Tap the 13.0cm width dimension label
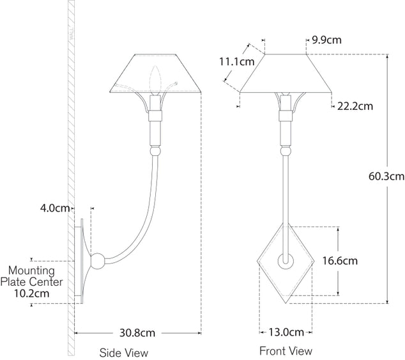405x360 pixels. pyautogui.click(x=285, y=333)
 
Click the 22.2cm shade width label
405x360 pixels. pyautogui.click(x=355, y=106)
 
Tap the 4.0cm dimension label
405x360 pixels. pyautogui.click(x=55, y=208)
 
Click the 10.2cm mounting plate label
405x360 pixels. pyautogui.click(x=31, y=293)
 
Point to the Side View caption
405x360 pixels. pyautogui.click(x=123, y=352)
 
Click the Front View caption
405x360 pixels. pyautogui.click(x=286, y=351)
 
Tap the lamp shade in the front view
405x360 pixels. pyautogui.click(x=285, y=72)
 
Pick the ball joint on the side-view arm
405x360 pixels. pyautogui.click(x=98, y=262)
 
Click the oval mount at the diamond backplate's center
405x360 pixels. pyautogui.click(x=285, y=261)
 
